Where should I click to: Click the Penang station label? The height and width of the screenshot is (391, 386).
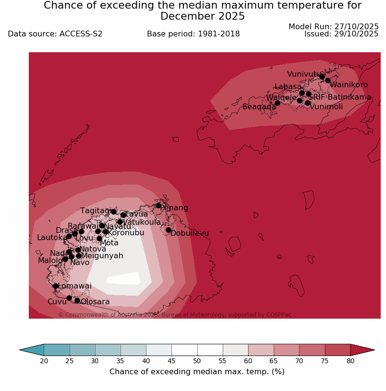pos(174,208)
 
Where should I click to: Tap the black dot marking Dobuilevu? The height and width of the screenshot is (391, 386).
pos(169,230)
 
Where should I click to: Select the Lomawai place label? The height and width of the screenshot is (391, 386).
pos(74,286)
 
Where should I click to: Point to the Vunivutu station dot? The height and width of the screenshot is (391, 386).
pos(322,77)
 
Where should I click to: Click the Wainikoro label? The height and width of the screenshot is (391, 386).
pos(349,85)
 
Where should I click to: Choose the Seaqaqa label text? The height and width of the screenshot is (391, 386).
pos(259,107)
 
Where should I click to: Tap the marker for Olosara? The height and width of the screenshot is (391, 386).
pos(77,300)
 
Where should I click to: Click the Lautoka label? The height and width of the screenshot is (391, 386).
pos(52,238)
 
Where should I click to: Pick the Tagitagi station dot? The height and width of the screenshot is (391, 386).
pos(114,212)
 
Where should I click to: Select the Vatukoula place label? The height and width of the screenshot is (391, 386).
pos(142,222)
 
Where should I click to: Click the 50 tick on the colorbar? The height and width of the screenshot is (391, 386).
pos(197,361)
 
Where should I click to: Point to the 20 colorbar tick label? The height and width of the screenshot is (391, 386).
pos(44,361)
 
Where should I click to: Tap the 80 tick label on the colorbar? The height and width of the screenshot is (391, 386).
pos(350,361)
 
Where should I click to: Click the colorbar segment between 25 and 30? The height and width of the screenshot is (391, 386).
pos(83,350)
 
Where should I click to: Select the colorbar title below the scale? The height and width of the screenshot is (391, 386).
pos(197,372)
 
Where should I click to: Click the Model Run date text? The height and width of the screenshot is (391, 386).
pos(334,27)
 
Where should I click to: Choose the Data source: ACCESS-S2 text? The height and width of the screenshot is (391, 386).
pos(55,34)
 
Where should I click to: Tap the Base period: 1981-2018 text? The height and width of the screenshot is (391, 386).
pos(193,34)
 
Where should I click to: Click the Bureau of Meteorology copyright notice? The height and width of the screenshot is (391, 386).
pos(175,315)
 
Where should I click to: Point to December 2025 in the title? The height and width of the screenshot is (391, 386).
pos(203,16)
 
